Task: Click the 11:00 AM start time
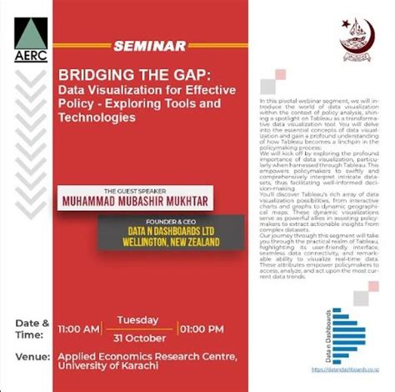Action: coord(78,329)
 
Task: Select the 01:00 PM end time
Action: coord(201,329)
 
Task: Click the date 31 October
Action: coord(138,338)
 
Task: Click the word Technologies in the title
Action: coord(96,118)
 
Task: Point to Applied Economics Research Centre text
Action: coord(147,356)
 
